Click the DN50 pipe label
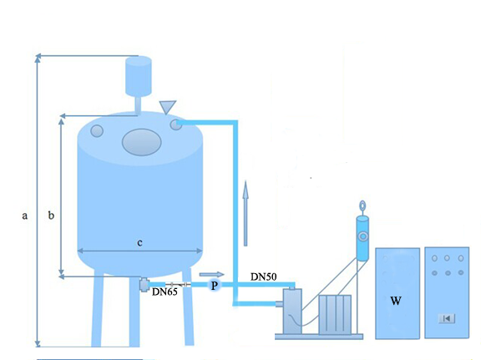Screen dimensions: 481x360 [264, 276]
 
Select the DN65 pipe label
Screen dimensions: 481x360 [165, 292]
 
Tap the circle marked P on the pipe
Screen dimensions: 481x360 [214, 286]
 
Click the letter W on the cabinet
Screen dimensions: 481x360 [396, 301]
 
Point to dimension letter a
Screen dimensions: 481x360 [24, 215]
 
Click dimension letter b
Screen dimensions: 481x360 [51, 215]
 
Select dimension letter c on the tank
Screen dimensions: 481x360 [139, 243]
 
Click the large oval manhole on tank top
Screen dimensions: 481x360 [141, 142]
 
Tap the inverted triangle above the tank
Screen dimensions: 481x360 [168, 107]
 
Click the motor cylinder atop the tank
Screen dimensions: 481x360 [139, 76]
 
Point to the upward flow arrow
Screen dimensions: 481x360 [246, 213]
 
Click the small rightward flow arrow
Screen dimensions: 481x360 [211, 274]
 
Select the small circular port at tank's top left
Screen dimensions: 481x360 [97, 131]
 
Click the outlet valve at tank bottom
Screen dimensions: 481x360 [144, 285]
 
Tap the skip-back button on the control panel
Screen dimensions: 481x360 [447, 318]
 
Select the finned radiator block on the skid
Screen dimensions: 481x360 [335, 315]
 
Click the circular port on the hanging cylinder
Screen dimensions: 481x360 [363, 236]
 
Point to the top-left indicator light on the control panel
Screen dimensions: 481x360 [434, 258]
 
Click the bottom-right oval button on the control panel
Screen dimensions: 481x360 [461, 272]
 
